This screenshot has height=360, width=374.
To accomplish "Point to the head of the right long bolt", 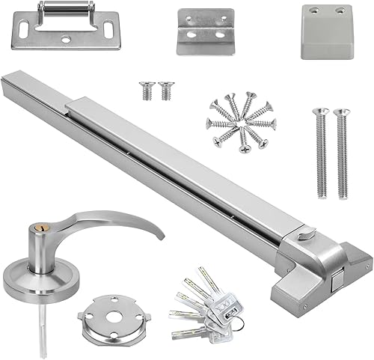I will (x=340, y=113).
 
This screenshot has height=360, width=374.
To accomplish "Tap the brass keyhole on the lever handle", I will (x=37, y=227).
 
